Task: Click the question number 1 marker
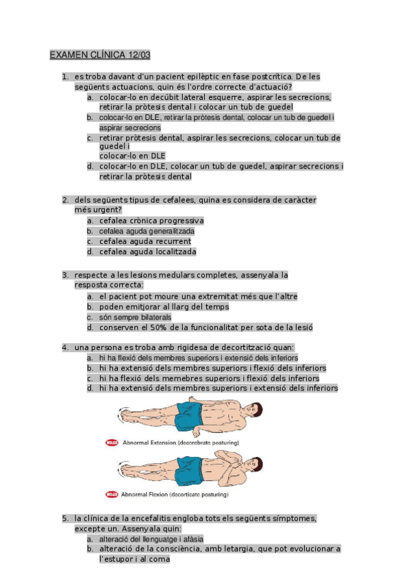point(64,77)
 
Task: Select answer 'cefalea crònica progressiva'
point(151,221)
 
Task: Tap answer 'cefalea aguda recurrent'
point(145,241)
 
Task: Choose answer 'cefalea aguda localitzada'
point(147,251)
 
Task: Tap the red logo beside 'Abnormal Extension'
point(112,443)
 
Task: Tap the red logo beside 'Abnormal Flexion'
point(112,494)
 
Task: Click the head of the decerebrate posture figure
point(253,411)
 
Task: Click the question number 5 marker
point(64,519)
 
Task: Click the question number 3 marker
point(64,275)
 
